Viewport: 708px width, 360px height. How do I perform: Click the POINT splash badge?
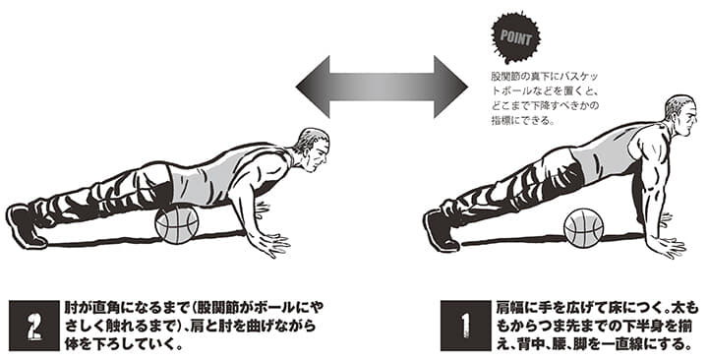point(516,38)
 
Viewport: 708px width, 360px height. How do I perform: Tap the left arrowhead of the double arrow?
point(313,87)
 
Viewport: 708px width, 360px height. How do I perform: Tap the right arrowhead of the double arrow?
point(450,87)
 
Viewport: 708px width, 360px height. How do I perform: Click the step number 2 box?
point(34,325)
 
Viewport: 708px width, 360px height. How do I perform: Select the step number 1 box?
point(465,325)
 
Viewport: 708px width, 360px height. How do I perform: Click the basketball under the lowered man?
point(177,224)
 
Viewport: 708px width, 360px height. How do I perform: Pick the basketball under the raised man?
point(583,227)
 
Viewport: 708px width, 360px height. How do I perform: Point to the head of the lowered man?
point(313,150)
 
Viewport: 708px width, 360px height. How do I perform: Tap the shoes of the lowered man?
point(27,226)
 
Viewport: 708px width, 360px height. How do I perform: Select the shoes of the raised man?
point(442,229)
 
